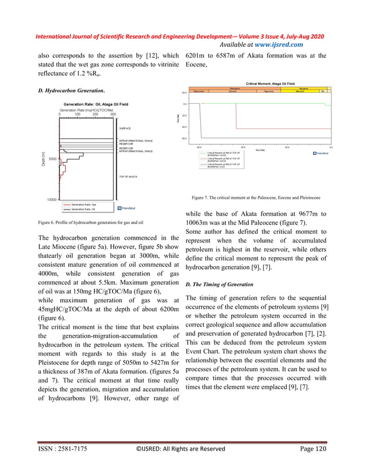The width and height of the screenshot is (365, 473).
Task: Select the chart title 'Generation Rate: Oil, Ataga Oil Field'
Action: point(96,104)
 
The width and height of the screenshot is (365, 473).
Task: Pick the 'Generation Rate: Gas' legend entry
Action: point(82,204)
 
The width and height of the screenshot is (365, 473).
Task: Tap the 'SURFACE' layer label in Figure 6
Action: point(126,129)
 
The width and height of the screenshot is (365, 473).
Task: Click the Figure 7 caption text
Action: point(256,198)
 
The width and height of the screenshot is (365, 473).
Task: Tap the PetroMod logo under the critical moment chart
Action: point(320,153)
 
